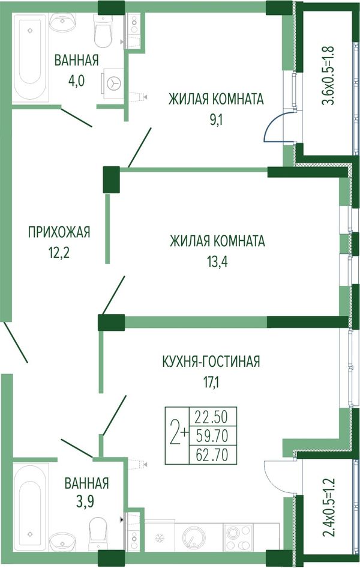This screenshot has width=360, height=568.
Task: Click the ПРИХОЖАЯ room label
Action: (x=59, y=232)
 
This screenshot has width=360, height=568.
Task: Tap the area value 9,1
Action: (x=215, y=119)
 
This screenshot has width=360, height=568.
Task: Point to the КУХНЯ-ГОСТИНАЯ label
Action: (x=211, y=361)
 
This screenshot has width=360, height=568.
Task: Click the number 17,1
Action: (x=211, y=381)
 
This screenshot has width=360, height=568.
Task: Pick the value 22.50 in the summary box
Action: (x=212, y=417)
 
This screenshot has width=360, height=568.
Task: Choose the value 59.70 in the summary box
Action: (x=212, y=436)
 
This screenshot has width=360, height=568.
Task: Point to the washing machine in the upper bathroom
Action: (x=113, y=83)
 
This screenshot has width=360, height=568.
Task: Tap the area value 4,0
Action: (x=76, y=81)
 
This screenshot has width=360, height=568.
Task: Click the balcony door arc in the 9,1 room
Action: (x=272, y=127)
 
